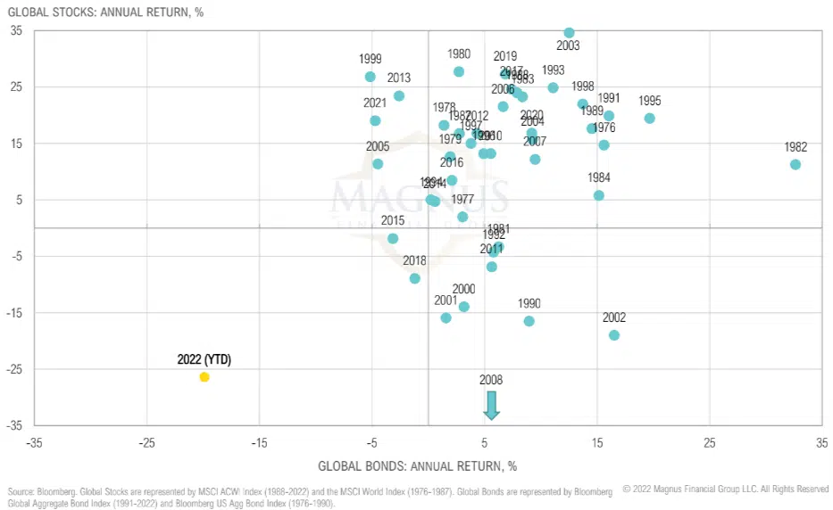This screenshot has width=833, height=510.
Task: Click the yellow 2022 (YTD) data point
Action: tap(204, 377)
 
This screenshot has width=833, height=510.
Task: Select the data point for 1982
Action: tap(796, 165)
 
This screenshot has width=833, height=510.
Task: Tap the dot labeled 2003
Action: tap(569, 33)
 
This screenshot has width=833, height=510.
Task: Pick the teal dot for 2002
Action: tap(614, 335)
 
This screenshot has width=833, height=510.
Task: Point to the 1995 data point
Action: tap(649, 119)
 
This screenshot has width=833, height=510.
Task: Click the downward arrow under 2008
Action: tap(491, 405)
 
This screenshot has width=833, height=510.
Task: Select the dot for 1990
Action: tap(529, 321)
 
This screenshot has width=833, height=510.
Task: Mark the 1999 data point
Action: tap(371, 77)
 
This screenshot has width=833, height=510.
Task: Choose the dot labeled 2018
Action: tap(415, 278)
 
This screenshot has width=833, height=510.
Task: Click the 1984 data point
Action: tap(599, 195)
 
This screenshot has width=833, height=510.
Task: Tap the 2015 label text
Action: tap(393, 220)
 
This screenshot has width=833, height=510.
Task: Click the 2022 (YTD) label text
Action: tap(204, 359)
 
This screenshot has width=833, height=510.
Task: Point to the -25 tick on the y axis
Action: tap(17, 369)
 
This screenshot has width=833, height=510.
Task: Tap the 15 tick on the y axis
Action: tap(17, 144)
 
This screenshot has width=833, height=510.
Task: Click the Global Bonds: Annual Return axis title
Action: tap(417, 466)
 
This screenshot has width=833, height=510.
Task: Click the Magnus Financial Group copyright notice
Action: tap(725, 489)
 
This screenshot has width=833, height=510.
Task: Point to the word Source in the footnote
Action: tap(21, 492)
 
